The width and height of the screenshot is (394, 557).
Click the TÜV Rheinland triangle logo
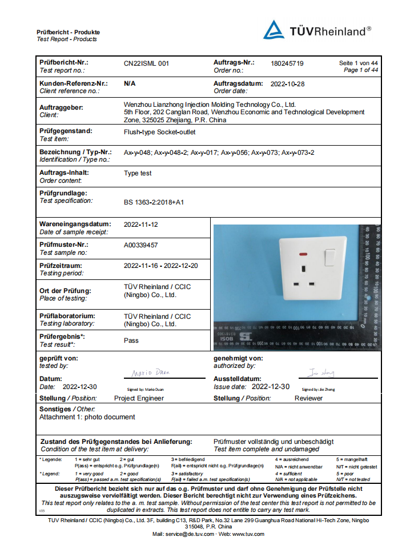tap(273, 30)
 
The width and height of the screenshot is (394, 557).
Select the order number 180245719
tap(287, 63)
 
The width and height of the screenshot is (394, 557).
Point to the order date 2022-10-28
tap(287, 84)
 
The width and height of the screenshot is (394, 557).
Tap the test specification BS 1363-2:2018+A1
tap(154, 202)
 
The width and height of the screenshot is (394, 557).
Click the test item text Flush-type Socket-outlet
tap(159, 131)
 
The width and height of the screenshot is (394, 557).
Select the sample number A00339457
tap(140, 245)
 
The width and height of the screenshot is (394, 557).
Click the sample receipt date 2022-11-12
tap(140, 225)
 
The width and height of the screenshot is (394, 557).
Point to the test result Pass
tap(131, 340)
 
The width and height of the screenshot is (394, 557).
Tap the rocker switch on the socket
tap(330, 258)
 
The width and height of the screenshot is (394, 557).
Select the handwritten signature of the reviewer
tap(319, 373)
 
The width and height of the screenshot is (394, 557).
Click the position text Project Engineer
tap(139, 398)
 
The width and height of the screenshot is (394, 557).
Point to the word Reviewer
tap(308, 398)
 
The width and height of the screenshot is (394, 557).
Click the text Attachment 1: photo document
tap(87, 417)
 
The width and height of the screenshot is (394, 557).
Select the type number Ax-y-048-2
tap(170, 153)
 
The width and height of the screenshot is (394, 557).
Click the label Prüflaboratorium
tap(67, 316)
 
